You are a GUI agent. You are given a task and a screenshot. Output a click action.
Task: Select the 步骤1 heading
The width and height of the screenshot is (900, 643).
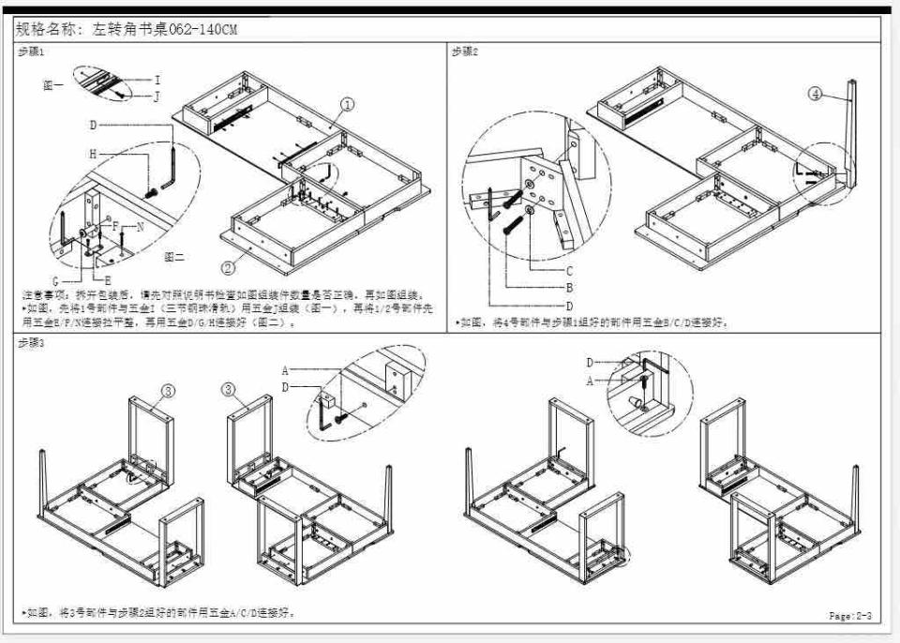coord(31,52)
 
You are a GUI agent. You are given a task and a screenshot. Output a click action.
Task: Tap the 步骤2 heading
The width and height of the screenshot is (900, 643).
coord(465,52)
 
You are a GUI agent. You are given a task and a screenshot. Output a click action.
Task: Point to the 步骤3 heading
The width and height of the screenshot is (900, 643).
coord(31,343)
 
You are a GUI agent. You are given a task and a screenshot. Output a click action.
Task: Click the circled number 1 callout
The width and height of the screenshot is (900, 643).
coord(347,105)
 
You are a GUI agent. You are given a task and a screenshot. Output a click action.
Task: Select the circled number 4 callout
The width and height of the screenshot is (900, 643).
coord(816,94)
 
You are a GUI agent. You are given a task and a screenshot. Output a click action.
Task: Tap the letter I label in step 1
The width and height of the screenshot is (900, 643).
coord(157,81)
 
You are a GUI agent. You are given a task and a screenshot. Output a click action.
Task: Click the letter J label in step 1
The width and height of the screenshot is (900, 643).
coord(157,96)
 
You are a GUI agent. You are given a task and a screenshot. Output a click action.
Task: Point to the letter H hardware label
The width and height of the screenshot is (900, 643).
coord(93,153)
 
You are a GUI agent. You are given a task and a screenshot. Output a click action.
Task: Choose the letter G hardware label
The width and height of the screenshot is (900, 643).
coord(55,279)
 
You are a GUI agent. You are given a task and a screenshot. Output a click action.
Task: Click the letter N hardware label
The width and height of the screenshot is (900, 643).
coord(140,227)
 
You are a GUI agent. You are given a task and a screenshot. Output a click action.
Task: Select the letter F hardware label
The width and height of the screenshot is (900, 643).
coord(114,227)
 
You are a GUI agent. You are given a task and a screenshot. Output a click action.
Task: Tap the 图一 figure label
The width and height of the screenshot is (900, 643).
coord(52,84)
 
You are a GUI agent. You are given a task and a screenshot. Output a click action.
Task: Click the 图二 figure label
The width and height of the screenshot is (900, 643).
coord(173,256)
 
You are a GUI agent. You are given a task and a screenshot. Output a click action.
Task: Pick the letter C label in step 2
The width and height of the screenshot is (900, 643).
coord(568,270)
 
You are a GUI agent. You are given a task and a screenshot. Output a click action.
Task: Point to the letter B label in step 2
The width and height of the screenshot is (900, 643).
coord(568,288)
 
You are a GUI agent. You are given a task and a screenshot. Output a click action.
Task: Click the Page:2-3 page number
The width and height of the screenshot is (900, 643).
coord(850,616)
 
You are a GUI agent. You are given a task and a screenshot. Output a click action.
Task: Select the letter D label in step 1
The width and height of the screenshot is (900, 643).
coord(93,125)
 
